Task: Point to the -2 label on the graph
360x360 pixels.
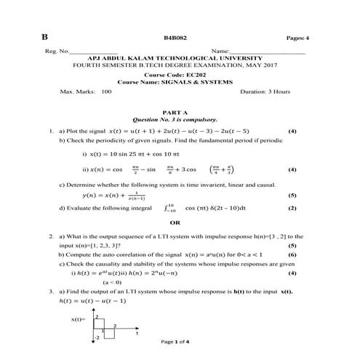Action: pyautogui.click(x=96, y=337)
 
